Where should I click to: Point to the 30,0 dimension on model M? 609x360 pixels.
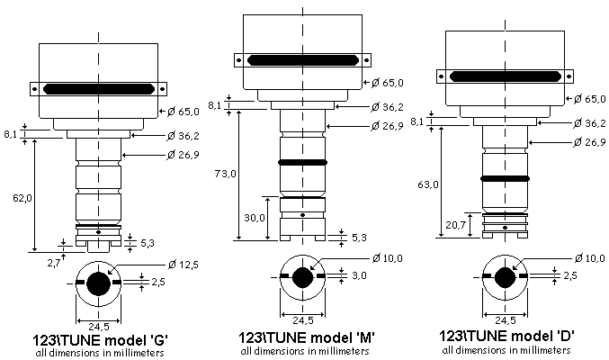click(255, 218)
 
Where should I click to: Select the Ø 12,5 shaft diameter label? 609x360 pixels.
click(183, 263)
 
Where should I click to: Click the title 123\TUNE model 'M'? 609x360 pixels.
click(306, 338)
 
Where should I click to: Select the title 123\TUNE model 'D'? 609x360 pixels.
click(508, 336)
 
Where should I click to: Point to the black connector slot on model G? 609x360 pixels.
click(98, 89)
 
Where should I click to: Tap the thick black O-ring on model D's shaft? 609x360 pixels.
click(503, 179)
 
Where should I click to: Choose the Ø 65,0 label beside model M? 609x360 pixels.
click(390, 83)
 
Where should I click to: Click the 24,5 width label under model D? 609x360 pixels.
click(504, 319)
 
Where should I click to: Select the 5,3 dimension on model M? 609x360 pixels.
click(357, 238)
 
